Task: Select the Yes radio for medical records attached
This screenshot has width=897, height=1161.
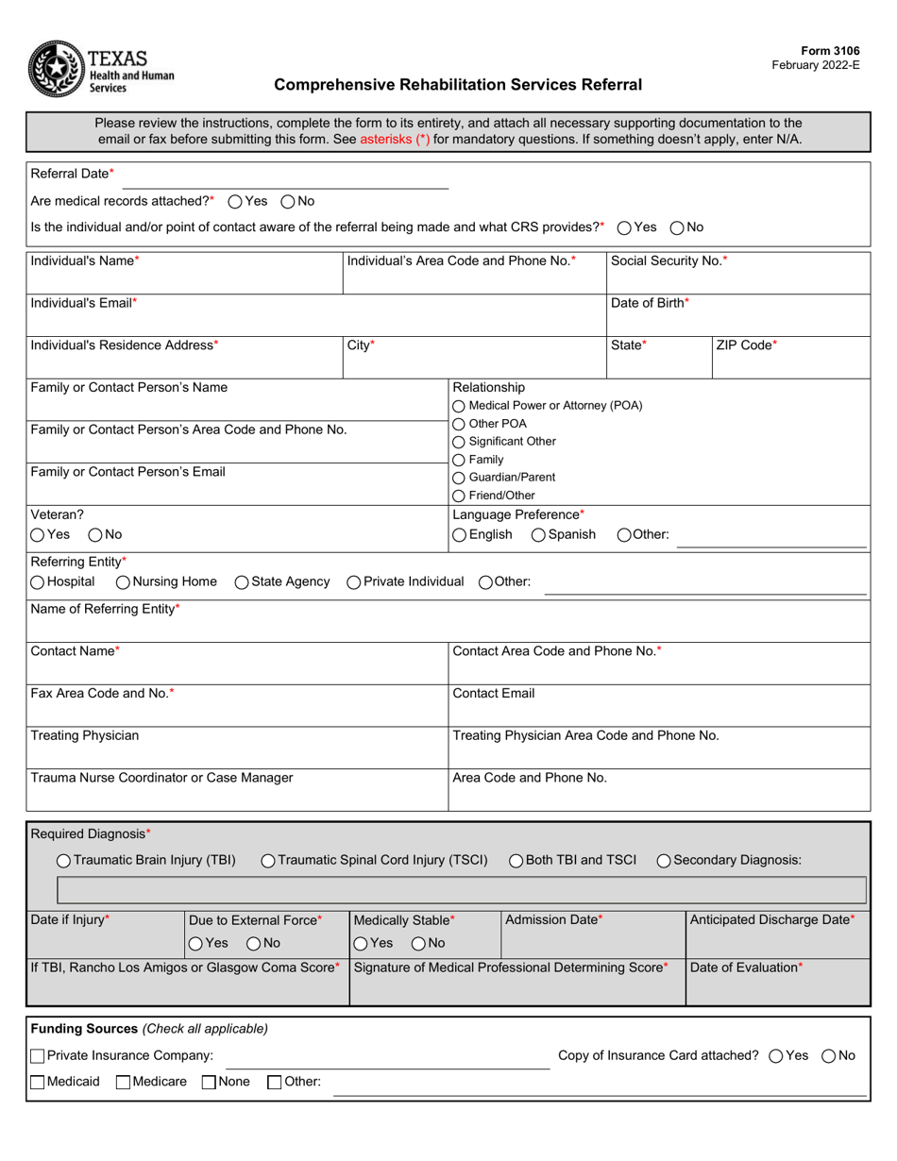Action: point(236,201)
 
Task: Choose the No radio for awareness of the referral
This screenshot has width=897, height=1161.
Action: point(678,227)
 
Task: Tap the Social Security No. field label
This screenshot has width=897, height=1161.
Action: point(669,261)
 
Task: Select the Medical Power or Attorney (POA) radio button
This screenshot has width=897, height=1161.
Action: point(460,406)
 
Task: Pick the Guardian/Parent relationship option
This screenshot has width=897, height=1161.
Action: point(460,478)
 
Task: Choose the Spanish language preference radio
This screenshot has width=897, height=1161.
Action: point(538,535)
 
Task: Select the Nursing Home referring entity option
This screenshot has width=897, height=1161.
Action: point(123,582)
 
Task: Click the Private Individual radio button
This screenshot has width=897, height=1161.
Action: point(354,582)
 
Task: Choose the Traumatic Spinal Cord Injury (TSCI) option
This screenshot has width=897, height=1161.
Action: point(268,861)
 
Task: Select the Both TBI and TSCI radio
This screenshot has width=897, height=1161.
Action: point(516,861)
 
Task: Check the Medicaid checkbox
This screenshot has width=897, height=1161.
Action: point(38,1083)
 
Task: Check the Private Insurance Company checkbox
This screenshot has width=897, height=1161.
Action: point(38,1056)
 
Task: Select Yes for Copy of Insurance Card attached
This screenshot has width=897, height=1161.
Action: point(777,1056)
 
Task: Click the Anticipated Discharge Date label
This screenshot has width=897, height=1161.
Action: point(772,920)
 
